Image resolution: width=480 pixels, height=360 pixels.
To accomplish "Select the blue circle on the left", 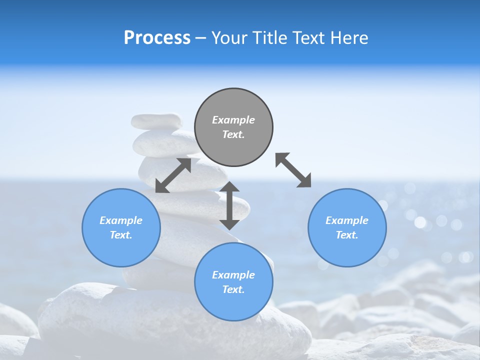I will [x=121, y=227].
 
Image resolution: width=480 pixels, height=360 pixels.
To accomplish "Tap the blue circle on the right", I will [x=347, y=227].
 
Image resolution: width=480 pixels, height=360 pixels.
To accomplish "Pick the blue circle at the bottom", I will [x=233, y=282].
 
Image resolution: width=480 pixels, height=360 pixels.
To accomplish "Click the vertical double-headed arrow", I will [x=229, y=205].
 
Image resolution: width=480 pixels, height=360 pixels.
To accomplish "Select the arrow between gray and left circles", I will [x=173, y=175].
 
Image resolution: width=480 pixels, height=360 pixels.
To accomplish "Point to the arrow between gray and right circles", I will [x=293, y=170].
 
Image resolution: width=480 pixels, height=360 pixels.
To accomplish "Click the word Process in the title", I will [x=157, y=37].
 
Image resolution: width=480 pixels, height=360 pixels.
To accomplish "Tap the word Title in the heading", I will [x=270, y=37].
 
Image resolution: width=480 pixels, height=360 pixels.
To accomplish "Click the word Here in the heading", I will [x=349, y=37].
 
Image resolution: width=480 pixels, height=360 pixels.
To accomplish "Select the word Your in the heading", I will [x=228, y=37].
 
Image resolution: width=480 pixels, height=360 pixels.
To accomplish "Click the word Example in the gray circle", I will [x=233, y=120].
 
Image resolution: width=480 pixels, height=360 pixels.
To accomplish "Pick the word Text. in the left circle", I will [x=121, y=235].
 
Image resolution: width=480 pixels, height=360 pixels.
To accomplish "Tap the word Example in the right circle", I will [x=347, y=220].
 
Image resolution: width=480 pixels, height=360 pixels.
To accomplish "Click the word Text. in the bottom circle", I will [x=233, y=289].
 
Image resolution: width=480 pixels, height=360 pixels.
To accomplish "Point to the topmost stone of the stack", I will [x=156, y=121].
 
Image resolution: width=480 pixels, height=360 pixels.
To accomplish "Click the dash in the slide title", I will [x=201, y=38].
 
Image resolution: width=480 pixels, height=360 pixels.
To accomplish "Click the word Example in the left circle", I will [x=121, y=220].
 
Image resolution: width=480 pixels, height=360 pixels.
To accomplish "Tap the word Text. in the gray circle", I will [x=233, y=134].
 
